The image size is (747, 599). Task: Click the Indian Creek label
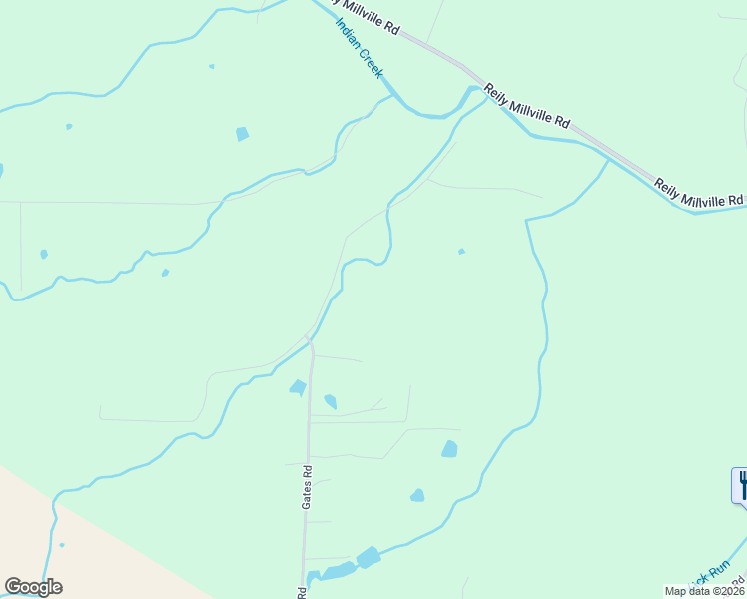[x=359, y=48]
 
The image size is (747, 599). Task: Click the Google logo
[x=33, y=587]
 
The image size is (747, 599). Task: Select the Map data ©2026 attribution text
[x=705, y=591]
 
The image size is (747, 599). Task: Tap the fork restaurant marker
[x=741, y=485]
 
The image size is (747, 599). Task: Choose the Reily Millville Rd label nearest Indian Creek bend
[x=527, y=107]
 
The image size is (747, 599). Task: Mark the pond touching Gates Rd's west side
[x=298, y=387]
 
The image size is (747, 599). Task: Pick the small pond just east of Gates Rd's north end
[x=330, y=402]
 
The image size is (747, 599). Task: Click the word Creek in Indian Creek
[x=371, y=65]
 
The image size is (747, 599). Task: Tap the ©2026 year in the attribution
[x=727, y=591]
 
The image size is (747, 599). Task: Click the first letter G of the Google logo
[x=13, y=587]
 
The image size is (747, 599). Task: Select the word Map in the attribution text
[x=675, y=591]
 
